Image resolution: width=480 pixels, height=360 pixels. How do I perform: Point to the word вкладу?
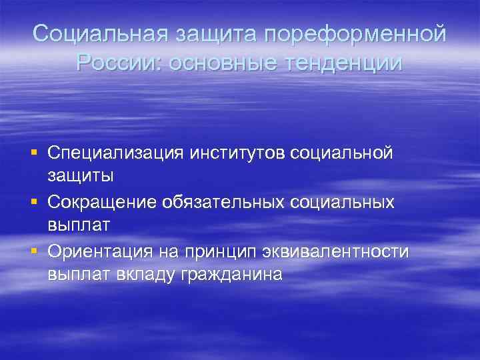(143, 274)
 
